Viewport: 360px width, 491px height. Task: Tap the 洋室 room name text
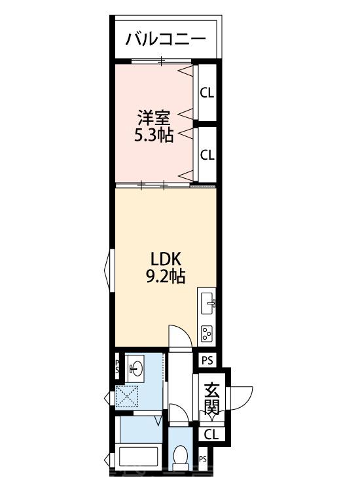point(154,118)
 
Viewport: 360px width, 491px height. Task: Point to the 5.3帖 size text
point(154,136)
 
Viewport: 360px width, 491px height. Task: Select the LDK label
point(166,259)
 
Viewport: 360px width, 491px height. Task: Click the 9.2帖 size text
point(166,276)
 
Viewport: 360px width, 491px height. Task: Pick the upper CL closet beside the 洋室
point(207,93)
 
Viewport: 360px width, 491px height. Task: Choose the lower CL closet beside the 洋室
point(207,155)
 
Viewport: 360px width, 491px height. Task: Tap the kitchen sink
point(207,303)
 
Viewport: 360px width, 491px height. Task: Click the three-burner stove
point(207,333)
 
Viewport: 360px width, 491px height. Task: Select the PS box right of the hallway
point(207,361)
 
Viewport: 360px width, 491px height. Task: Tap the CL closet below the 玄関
point(211,434)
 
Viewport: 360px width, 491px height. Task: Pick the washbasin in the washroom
point(135,368)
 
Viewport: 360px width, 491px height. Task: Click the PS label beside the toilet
point(203,460)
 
